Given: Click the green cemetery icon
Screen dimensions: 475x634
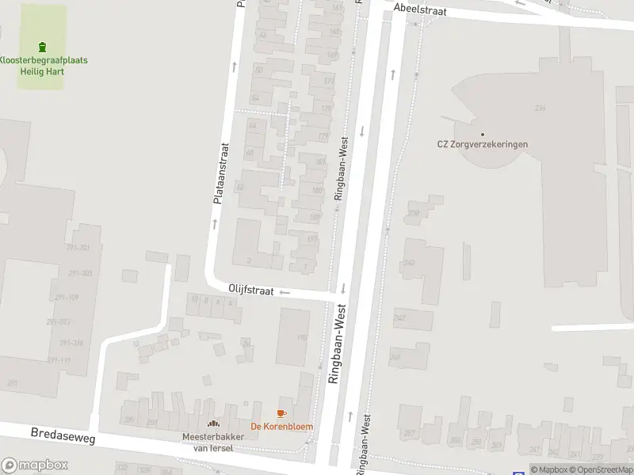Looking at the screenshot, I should pyautogui.click(x=43, y=46).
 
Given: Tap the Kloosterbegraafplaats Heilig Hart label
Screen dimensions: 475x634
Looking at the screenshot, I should pyautogui.click(x=43, y=66).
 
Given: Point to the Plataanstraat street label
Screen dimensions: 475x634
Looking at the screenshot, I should pyautogui.click(x=221, y=174).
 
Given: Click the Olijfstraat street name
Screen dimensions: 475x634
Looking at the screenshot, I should pyautogui.click(x=251, y=291).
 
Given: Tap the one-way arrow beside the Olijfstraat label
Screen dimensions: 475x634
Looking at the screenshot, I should pyautogui.click(x=285, y=292).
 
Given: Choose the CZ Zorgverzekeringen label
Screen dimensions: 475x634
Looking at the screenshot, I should pyautogui.click(x=482, y=144).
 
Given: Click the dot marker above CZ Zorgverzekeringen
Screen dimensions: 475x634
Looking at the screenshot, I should pyautogui.click(x=482, y=134).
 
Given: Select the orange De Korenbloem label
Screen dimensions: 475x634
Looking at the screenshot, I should pyautogui.click(x=281, y=427).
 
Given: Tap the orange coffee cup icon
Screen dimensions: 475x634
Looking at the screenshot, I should pyautogui.click(x=281, y=413).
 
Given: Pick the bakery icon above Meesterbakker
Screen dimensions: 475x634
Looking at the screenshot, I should pyautogui.click(x=212, y=424).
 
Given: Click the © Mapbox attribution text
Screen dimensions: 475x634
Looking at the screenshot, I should pyautogui.click(x=550, y=469).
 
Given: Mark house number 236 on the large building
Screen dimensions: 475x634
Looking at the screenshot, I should pyautogui.click(x=540, y=108).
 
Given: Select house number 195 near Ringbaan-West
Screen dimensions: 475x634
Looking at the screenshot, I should pyautogui.click(x=302, y=338).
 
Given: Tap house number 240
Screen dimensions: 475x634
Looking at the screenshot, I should pyautogui.click(x=410, y=263).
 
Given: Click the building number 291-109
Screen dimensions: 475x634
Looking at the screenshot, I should pyautogui.click(x=67, y=298).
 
